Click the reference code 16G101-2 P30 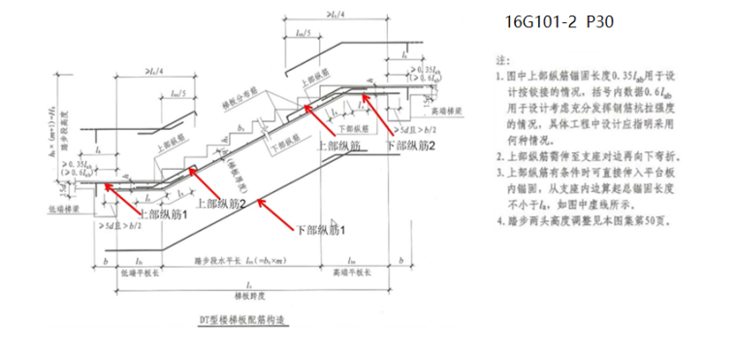(560, 20)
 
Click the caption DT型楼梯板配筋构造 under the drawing (239, 317)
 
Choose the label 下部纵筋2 (411, 145)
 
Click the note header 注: (503, 59)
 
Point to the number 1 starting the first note (497, 75)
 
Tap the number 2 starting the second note (497, 154)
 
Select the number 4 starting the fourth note (497, 219)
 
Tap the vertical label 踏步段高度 (64, 132)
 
